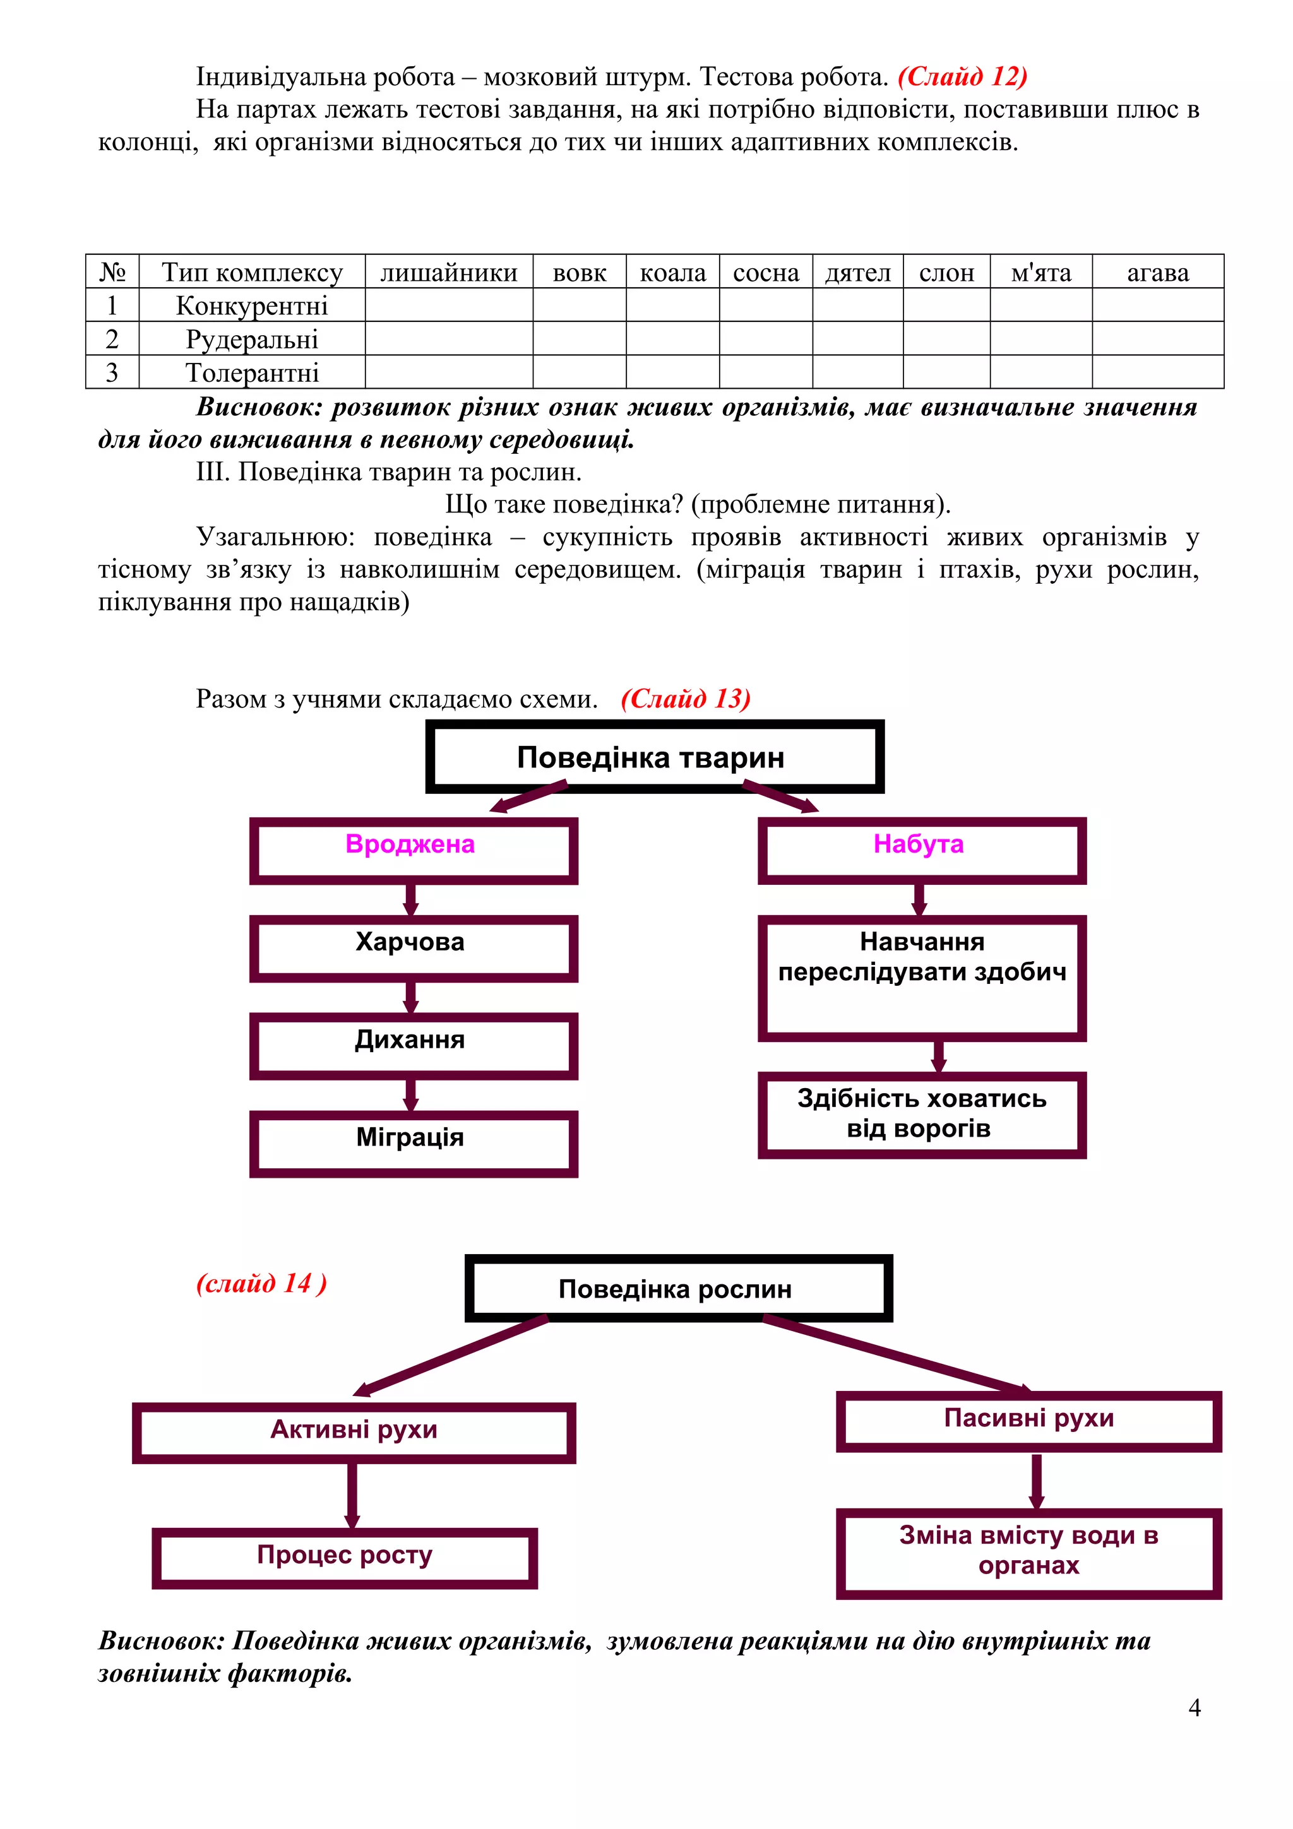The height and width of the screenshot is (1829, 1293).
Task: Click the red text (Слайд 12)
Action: [x=962, y=76]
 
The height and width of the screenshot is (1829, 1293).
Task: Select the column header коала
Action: [x=672, y=273]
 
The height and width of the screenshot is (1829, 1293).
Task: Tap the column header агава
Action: [x=1157, y=273]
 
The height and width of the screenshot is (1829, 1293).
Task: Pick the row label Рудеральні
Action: [x=252, y=340]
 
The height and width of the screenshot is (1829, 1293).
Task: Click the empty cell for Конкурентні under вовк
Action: [x=579, y=305]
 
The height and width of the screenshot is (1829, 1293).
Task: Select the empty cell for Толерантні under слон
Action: [x=946, y=372]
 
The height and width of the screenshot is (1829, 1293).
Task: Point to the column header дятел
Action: [x=857, y=273]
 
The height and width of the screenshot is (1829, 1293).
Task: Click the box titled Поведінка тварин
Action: [x=654, y=757]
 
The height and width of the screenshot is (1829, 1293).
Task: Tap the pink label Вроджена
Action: [x=410, y=844]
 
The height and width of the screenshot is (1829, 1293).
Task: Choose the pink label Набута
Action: [x=918, y=844]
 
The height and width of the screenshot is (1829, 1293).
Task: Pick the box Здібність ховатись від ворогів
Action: [x=921, y=1114]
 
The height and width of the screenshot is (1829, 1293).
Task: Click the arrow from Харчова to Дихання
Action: [x=411, y=997]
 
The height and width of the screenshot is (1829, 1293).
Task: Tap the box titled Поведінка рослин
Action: [x=678, y=1288]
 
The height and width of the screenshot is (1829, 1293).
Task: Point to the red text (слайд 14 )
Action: [x=261, y=1283]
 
